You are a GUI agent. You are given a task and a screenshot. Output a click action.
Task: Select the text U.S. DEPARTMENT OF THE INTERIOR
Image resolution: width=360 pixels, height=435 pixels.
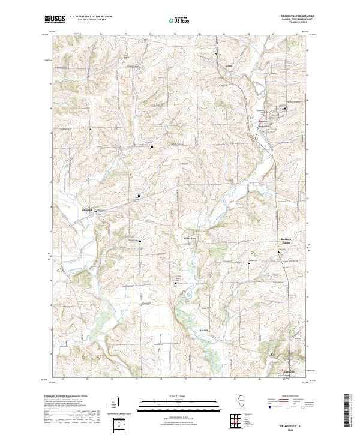click(x=91, y=17)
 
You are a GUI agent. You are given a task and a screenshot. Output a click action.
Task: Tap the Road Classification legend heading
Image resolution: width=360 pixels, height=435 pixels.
click(x=292, y=397)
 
